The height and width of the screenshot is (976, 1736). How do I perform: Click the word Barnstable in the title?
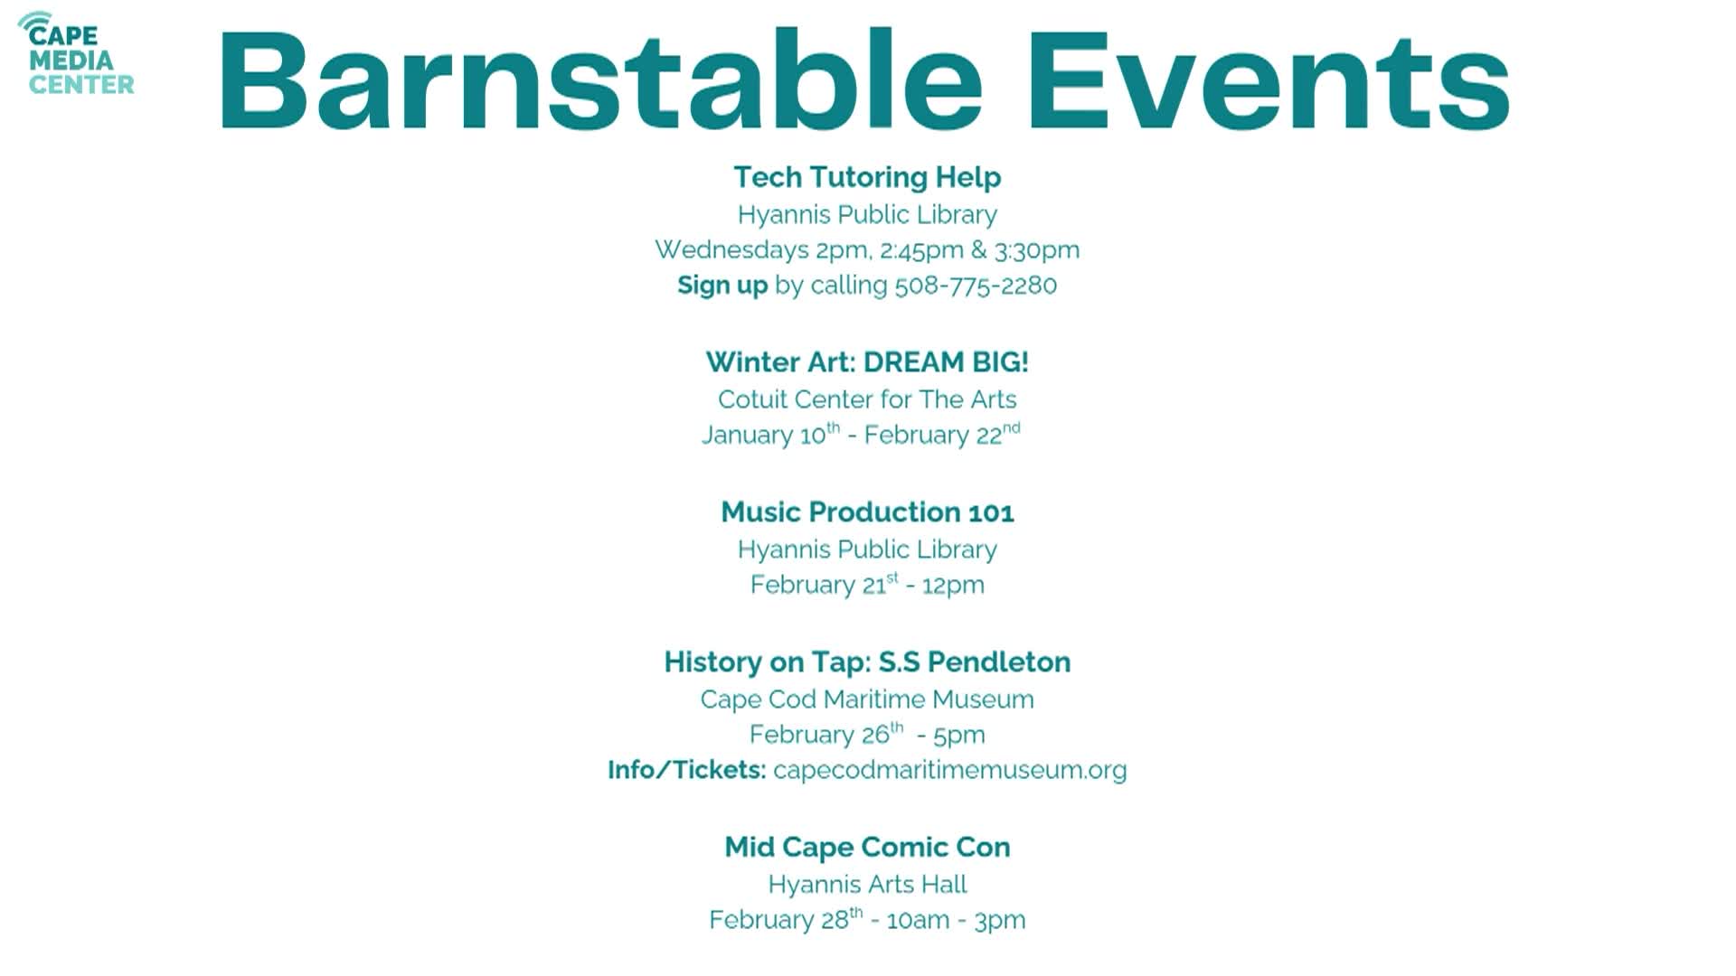click(x=599, y=81)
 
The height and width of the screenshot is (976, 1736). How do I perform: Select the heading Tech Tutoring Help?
click(x=867, y=177)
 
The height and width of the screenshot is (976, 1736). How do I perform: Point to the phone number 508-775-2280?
click(x=976, y=286)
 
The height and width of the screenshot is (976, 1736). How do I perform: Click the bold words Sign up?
click(x=722, y=286)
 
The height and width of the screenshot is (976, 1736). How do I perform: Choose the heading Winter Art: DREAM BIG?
click(x=867, y=362)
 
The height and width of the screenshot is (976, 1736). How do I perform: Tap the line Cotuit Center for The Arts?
click(x=867, y=399)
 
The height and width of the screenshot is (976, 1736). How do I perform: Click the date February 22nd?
click(x=941, y=435)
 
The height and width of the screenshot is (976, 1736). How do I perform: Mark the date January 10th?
click(x=770, y=435)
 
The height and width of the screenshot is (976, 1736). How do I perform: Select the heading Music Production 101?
click(x=867, y=512)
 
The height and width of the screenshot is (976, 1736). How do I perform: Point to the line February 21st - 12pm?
click(x=867, y=585)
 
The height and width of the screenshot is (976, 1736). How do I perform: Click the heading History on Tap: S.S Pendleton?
click(x=867, y=662)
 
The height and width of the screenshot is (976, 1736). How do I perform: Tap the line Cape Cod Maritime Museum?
click(x=867, y=699)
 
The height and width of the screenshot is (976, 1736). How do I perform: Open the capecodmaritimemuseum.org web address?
click(x=949, y=770)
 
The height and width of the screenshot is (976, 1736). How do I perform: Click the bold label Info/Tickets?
click(x=687, y=770)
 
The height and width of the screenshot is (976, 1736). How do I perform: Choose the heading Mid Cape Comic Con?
click(x=867, y=848)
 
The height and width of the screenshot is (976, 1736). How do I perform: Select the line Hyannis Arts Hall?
click(x=867, y=884)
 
